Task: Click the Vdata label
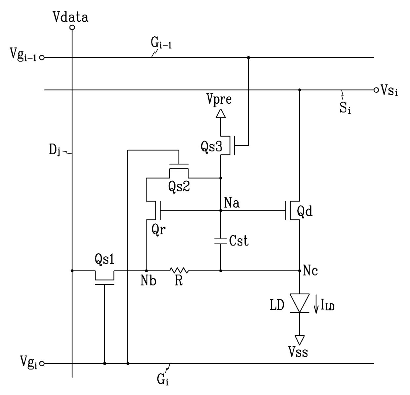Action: (x=70, y=17)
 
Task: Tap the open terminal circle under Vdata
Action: (x=72, y=27)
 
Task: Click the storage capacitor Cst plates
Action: (x=221, y=241)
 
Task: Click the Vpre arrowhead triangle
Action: (x=221, y=114)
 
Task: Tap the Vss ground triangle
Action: (x=300, y=340)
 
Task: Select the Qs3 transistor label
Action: (x=211, y=147)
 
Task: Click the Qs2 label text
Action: (x=179, y=186)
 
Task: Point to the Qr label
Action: (x=158, y=230)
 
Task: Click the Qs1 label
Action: (x=104, y=259)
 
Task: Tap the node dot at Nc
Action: (x=300, y=271)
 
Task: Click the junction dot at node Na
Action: (x=221, y=211)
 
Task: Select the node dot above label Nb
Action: (x=146, y=271)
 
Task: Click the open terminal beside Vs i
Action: (x=376, y=90)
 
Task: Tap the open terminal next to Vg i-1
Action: (x=42, y=57)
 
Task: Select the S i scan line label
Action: (x=345, y=108)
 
